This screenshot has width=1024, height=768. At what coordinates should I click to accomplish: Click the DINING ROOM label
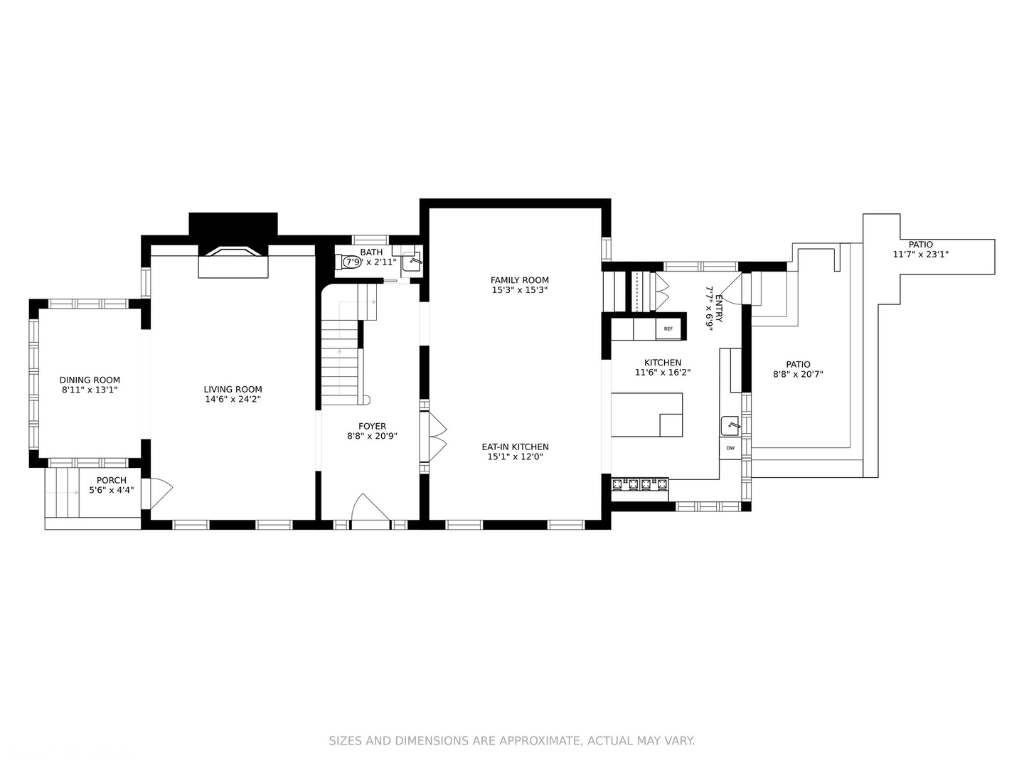tap(90, 380)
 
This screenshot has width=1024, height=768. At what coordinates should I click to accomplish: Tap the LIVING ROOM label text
tap(233, 389)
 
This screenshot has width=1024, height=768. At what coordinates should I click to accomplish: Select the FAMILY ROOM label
tap(519, 280)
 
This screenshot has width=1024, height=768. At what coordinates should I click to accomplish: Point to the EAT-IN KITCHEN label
tap(515, 447)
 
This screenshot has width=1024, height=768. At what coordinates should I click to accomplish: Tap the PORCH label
tap(111, 480)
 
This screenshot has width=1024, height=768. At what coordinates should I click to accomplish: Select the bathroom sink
tap(412, 262)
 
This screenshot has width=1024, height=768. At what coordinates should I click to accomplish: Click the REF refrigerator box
tap(668, 329)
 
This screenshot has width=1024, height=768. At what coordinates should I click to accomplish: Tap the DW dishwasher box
tap(730, 448)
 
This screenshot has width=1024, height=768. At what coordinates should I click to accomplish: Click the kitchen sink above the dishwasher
tap(731, 426)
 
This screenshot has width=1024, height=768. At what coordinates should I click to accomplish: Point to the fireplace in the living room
tap(233, 261)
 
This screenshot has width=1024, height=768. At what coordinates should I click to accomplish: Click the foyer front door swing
tap(370, 508)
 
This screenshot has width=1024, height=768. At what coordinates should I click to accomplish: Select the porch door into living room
tap(160, 494)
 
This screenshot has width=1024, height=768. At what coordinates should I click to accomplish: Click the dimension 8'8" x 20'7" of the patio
tap(798, 374)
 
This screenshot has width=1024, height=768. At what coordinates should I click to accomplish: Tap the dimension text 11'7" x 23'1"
tap(920, 255)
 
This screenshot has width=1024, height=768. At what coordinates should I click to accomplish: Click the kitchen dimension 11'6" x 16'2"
tap(662, 372)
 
